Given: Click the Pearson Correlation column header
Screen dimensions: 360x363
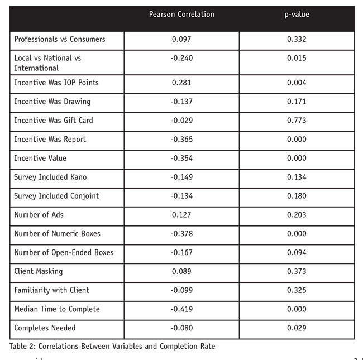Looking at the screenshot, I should (181, 15).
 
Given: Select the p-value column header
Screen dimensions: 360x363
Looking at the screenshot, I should (297, 15).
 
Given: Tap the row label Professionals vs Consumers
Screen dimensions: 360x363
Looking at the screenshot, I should (60, 39).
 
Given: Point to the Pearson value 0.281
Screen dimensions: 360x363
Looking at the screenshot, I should (181, 83).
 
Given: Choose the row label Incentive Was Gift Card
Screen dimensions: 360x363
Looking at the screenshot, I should (54, 121).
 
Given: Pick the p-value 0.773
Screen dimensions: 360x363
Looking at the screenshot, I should (297, 121).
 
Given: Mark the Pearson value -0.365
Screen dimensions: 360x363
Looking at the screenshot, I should (181, 140).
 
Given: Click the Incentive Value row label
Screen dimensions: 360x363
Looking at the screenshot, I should (40, 159).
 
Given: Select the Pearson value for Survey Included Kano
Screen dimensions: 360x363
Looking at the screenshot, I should (181, 177).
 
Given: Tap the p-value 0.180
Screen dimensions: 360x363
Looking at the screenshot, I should (297, 196).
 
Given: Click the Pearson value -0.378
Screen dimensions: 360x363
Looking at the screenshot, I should (181, 234).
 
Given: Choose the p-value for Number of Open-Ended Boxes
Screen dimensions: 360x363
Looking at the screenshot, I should (297, 253).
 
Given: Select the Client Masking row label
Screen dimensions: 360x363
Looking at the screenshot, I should (39, 272).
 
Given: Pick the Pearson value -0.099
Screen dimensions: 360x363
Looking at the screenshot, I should (181, 290).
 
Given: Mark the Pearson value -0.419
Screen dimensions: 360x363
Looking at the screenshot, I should (181, 309).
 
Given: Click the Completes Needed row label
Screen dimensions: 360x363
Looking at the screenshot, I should (45, 328).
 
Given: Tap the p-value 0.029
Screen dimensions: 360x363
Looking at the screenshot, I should (297, 328).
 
